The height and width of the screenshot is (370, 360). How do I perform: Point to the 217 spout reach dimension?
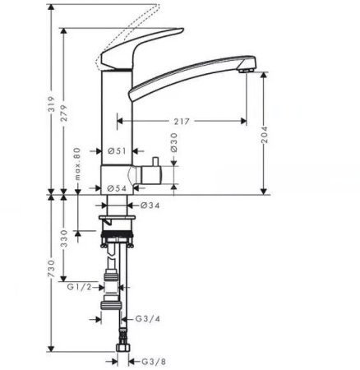(x=182, y=121)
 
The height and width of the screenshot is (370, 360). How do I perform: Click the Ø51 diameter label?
(x=117, y=150)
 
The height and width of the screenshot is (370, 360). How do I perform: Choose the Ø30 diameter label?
(x=174, y=144)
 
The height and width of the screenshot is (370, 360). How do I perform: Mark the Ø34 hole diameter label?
(x=149, y=205)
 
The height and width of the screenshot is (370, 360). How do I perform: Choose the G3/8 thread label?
(x=145, y=360)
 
